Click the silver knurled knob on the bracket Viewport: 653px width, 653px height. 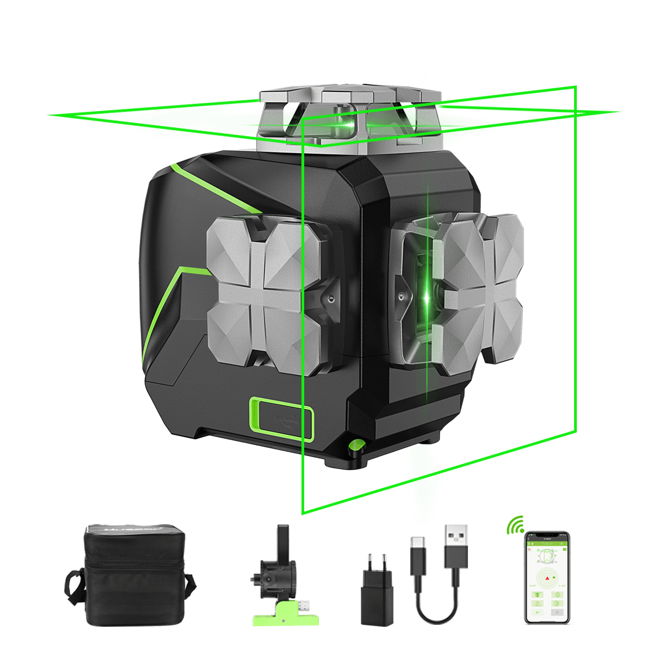[303, 605]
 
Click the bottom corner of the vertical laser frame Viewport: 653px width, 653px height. [303, 513]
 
